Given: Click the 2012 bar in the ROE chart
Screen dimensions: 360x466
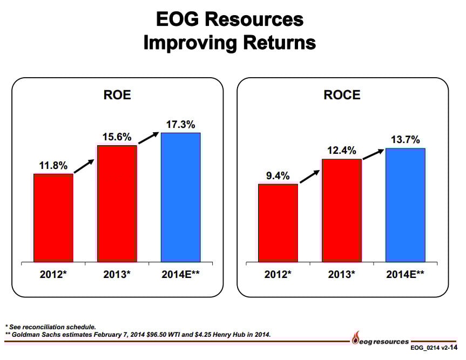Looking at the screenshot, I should click(53, 218).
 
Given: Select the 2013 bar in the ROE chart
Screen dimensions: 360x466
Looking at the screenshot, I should click(117, 203).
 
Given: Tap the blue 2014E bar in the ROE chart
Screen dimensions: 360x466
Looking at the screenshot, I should click(181, 197).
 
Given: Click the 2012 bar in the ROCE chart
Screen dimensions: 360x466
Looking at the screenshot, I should click(278, 223).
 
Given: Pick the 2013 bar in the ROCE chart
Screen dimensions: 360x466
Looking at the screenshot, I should click(342, 210).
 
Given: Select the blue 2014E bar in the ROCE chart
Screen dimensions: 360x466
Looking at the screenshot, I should click(406, 205).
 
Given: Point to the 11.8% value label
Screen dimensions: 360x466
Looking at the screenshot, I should click(52, 165).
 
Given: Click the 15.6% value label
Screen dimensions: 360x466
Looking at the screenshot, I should click(117, 137).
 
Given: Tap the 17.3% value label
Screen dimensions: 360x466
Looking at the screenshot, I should click(181, 124).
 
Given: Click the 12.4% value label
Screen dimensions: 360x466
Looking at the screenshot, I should click(342, 151).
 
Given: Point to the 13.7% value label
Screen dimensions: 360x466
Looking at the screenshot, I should click(406, 140).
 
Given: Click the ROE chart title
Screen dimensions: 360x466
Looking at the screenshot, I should click(117, 96).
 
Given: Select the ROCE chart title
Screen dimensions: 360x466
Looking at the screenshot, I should click(342, 96).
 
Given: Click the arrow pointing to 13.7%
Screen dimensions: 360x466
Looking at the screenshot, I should click(373, 153).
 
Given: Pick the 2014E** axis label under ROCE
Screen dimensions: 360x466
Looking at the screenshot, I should click(405, 274).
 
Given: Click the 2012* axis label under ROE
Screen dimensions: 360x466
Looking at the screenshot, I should click(53, 274).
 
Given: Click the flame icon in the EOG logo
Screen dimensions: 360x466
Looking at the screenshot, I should click(355, 341).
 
